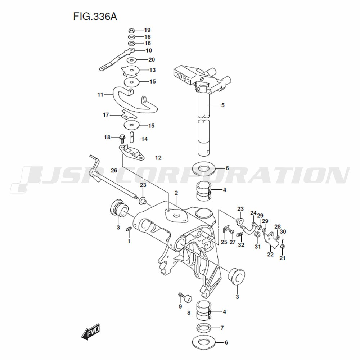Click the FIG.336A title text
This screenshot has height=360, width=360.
click(x=95, y=17)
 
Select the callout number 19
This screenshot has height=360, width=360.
click(x=147, y=30)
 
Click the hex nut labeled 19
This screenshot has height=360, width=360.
click(x=131, y=30)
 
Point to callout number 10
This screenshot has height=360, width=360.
click(x=149, y=50)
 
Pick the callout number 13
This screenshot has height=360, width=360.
click(x=152, y=70)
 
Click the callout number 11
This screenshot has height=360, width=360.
click(x=100, y=95)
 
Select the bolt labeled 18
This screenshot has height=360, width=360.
click(x=122, y=138)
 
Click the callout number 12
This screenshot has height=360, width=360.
click(x=158, y=158)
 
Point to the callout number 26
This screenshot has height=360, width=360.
click(x=114, y=171)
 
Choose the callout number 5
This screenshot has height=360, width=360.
click(x=223, y=105)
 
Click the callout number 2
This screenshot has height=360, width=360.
click(x=176, y=193)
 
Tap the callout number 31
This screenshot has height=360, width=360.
click(x=258, y=247)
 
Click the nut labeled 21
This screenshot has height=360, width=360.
click(x=283, y=247)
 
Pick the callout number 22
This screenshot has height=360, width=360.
click(x=270, y=255)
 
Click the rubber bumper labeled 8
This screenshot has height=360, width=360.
click(x=188, y=299)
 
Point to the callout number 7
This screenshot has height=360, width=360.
click(x=222, y=328)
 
